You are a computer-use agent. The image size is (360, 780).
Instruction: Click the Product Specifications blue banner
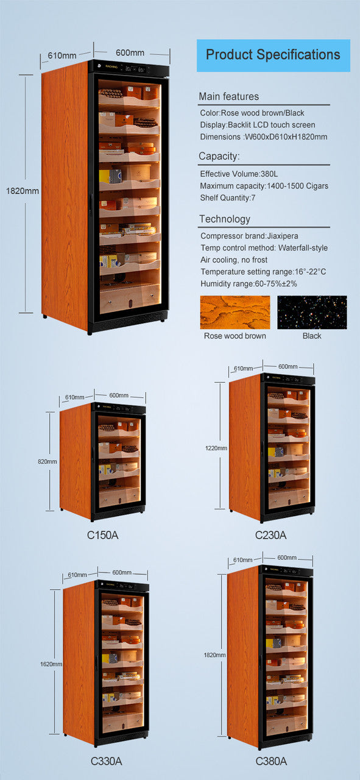point(273,55)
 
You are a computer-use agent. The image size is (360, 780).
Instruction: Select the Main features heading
point(228,96)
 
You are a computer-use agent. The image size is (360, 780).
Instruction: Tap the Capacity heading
point(219,157)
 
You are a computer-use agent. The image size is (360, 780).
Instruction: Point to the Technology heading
point(224,219)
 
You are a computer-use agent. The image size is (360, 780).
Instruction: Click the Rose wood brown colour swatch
point(235,313)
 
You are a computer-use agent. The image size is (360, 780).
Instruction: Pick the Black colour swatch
point(312,313)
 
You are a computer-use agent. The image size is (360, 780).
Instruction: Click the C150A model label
point(102,535)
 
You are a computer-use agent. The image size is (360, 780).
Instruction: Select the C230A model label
point(270,535)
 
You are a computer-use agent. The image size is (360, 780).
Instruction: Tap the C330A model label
point(106,760)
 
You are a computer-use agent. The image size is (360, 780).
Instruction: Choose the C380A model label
point(271,760)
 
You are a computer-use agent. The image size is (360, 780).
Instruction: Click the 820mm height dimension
point(48,461)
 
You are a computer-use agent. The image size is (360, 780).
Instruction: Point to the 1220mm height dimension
point(216,448)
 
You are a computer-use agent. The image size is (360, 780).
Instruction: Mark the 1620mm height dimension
point(51,664)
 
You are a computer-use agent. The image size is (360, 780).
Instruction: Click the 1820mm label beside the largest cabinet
point(22,191)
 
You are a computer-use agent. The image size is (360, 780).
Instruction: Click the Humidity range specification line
point(249,283)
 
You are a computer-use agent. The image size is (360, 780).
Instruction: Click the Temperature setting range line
point(263,271)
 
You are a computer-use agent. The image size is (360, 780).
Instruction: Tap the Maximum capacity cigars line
point(264,185)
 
